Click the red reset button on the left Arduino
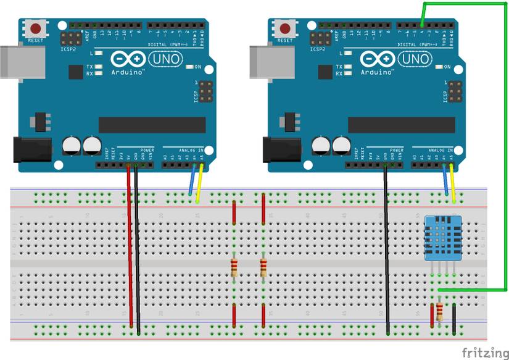click(36, 28)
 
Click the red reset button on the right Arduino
click(286, 28)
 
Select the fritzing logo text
click(484, 352)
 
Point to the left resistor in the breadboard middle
click(234, 268)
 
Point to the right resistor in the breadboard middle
click(263, 268)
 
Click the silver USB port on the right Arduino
click(260, 61)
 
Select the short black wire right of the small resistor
click(454, 318)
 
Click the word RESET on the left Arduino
click(35, 42)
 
